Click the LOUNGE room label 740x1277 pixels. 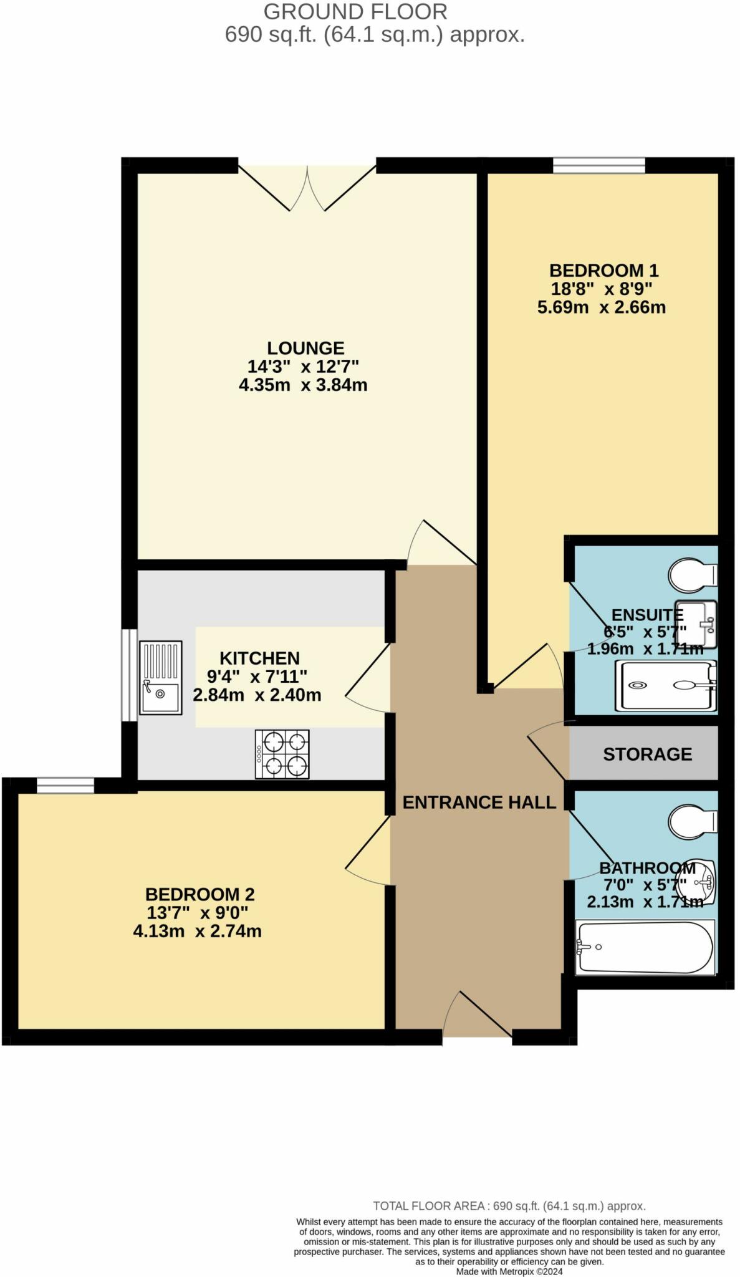pos(305,348)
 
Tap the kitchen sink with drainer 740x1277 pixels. pos(160,677)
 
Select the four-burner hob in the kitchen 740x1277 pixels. pos(282,754)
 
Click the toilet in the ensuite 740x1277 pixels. pos(691,574)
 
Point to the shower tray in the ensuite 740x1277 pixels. pos(665,686)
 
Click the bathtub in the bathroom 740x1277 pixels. pos(645,948)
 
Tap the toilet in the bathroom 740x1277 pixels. pos(691,821)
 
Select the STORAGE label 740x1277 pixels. pos(647,754)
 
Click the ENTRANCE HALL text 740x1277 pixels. pos(479,802)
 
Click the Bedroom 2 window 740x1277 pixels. pos(65,786)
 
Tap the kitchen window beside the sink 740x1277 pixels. pos(128,675)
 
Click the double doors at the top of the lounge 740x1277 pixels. pos(307,187)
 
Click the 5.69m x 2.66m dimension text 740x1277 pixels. pos(601,307)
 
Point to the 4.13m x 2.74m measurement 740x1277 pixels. pos(197,932)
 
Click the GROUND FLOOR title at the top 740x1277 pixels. pos(355,11)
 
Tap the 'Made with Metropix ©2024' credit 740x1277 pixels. pos(509,1271)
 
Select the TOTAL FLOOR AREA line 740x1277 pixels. pos(509,1206)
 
